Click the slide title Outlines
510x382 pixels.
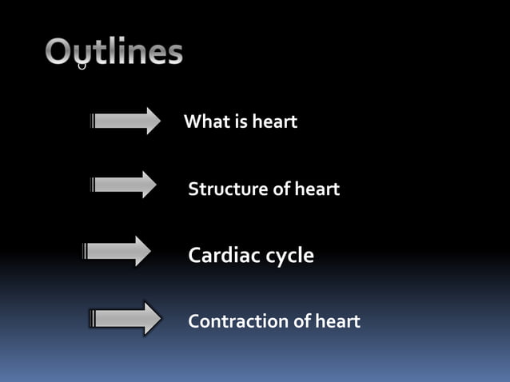[114, 52]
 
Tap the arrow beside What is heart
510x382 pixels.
[126, 121]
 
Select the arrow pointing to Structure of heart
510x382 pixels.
[125, 185]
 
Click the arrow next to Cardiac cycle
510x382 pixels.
[118, 252]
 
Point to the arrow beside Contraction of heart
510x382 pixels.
[125, 319]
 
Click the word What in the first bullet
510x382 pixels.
[205, 122]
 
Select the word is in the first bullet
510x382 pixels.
[240, 122]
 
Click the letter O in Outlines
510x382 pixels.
[60, 52]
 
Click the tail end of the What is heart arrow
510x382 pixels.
[94, 121]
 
